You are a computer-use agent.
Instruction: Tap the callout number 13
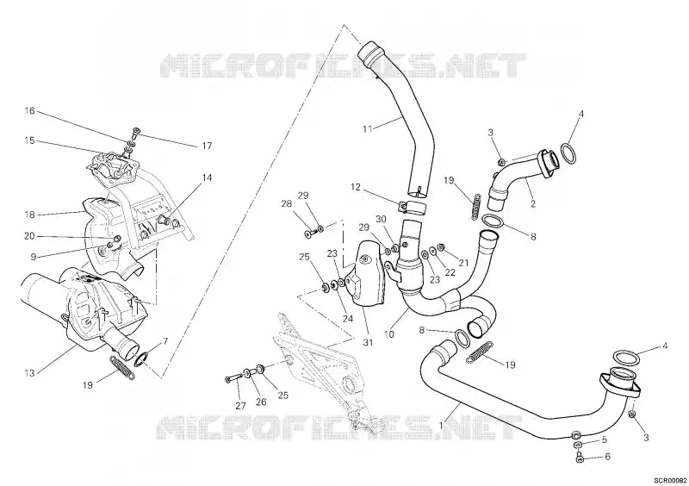tap(28, 373)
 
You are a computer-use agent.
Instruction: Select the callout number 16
tap(28, 111)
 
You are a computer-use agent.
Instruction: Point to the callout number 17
tap(207, 146)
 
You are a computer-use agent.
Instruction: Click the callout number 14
tap(207, 178)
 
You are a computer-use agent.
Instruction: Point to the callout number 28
tap(286, 203)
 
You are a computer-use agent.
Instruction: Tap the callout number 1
tap(442, 425)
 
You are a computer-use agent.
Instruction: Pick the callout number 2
tap(533, 204)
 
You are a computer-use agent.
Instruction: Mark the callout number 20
tap(28, 235)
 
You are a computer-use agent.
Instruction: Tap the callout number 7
tap(165, 342)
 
